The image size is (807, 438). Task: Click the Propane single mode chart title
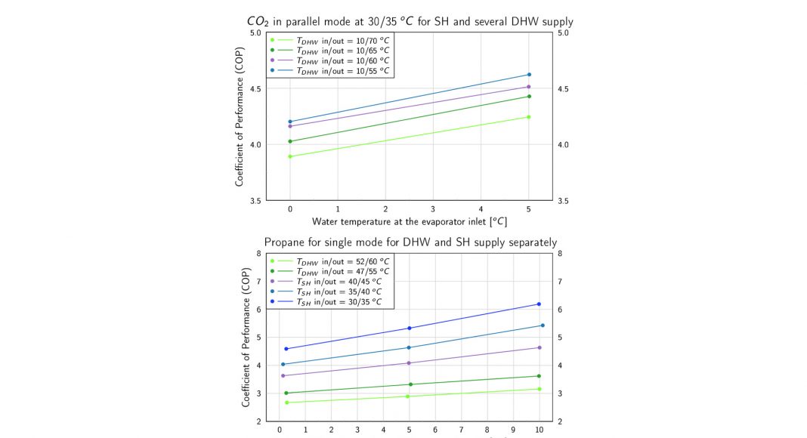410,242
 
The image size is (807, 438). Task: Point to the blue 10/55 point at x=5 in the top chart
529,75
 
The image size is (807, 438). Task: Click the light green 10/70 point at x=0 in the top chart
290,156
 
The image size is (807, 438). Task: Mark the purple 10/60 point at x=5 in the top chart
529,87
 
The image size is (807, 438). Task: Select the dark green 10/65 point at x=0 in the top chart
290,141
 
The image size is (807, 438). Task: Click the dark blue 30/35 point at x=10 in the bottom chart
539,304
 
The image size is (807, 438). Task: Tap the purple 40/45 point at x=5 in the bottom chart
409,363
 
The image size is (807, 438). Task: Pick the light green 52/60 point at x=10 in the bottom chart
539,389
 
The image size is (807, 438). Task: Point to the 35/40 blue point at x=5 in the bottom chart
409,347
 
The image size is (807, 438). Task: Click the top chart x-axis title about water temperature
409,222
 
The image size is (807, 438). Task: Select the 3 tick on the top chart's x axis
433,208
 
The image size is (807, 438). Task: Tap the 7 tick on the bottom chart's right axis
559,282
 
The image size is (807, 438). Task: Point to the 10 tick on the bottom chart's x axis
539,430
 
